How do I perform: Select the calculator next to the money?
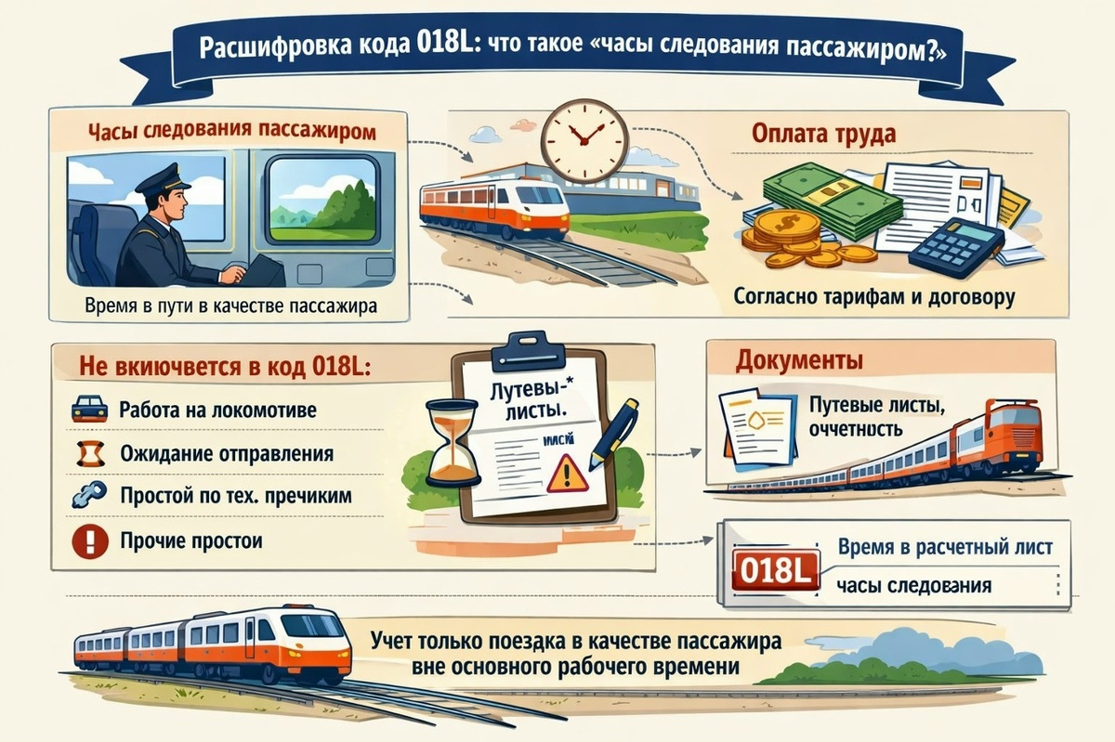pyautogui.click(x=956, y=244)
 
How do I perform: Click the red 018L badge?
pyautogui.click(x=775, y=567)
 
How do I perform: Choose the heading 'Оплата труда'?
pyautogui.click(x=823, y=134)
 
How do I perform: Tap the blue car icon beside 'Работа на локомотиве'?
pyautogui.click(x=88, y=409)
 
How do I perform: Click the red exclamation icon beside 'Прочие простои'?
pyautogui.click(x=88, y=540)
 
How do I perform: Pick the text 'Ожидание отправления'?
pyautogui.click(x=227, y=454)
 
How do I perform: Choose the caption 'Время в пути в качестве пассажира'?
pyautogui.click(x=230, y=306)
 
